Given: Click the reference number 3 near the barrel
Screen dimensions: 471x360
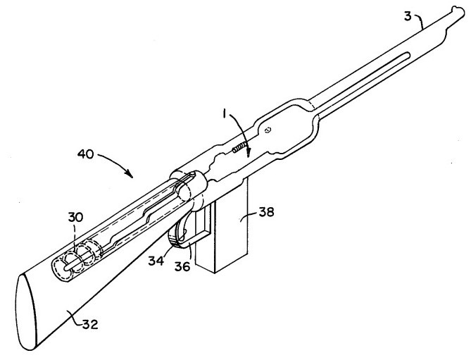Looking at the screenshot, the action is coord(408,16).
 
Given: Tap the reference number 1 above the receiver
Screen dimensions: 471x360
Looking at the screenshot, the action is coord(223,114).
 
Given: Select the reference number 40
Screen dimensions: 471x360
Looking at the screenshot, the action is coord(86,154).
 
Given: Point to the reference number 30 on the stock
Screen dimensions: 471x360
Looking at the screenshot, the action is coord(75,217).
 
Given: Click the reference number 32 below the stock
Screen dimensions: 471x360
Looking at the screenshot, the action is coord(90,324).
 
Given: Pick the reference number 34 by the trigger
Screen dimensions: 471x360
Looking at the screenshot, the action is coord(156,261).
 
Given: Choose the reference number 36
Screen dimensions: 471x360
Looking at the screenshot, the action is coord(182,266).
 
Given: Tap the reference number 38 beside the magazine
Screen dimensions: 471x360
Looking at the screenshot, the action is coord(266,212).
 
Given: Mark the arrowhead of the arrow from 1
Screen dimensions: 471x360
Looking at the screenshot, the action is coord(248,154).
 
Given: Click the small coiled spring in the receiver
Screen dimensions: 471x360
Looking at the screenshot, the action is coord(239,148).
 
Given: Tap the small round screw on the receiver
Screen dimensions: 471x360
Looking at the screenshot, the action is coord(268,130).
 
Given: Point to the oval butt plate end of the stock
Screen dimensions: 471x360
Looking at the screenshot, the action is coord(27,312).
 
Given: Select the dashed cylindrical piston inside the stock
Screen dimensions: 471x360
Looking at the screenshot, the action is coord(77,258).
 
